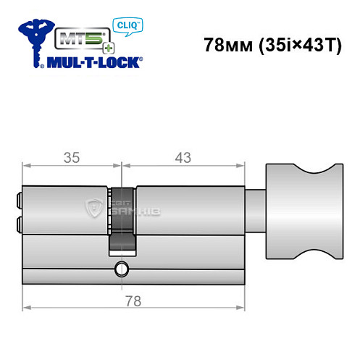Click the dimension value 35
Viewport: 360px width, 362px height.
[70, 156]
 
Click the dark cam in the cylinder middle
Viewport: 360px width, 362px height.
[122, 217]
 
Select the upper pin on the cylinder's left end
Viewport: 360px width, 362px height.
[17, 196]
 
